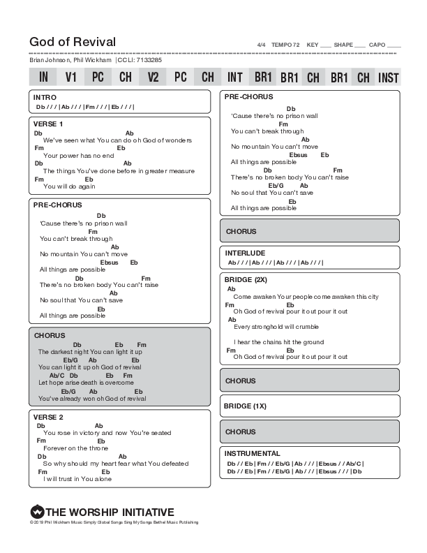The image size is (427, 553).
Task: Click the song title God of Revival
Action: pyautogui.click(x=73, y=42)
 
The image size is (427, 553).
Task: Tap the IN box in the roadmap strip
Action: pyautogui.click(x=43, y=77)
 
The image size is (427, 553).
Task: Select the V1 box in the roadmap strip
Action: pyautogui.click(x=70, y=77)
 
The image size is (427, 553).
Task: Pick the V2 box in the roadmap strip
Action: pyautogui.click(x=153, y=77)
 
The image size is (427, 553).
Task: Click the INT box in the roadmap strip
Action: pyautogui.click(x=235, y=77)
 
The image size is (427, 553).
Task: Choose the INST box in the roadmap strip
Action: pyautogui.click(x=388, y=77)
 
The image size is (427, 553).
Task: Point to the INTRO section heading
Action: pyautogui.click(x=45, y=97)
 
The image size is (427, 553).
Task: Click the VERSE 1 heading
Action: pyautogui.click(x=48, y=124)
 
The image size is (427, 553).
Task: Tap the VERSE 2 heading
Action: pyautogui.click(x=48, y=417)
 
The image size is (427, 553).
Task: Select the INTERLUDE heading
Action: pyautogui.click(x=245, y=253)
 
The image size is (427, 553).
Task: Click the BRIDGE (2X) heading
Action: pyautogui.click(x=246, y=279)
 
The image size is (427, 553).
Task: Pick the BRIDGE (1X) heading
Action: pyautogui.click(x=246, y=406)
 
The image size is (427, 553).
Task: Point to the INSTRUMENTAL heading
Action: pyautogui.click(x=253, y=453)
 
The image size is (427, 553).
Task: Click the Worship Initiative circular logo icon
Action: pyautogui.click(x=37, y=512)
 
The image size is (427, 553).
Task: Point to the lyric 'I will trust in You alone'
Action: pyautogui.click(x=77, y=479)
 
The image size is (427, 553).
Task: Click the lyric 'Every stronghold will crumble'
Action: pyautogui.click(x=277, y=327)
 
